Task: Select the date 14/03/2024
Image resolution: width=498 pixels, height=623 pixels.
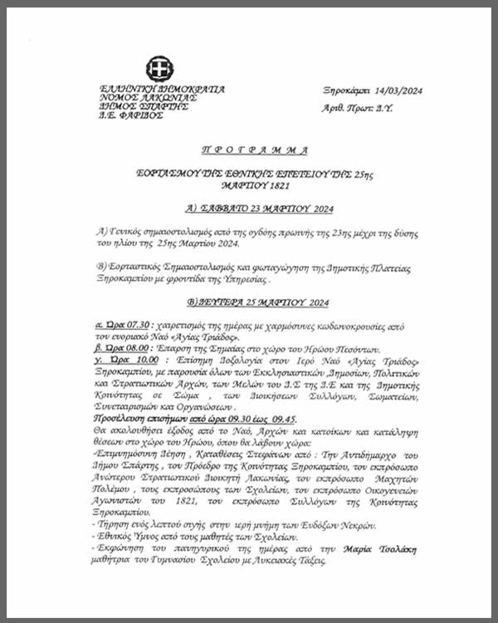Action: click(x=393, y=91)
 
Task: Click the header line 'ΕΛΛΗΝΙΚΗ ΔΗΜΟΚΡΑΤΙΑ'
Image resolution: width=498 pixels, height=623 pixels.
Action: click(x=161, y=89)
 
